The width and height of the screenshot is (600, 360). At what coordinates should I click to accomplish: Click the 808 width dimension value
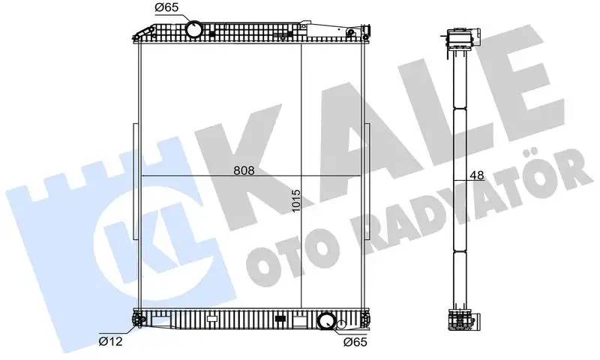tap(244, 170)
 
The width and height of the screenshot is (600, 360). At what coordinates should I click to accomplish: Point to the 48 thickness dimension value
tap(476, 176)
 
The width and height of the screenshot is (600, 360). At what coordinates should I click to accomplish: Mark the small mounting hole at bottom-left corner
tap(137, 323)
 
